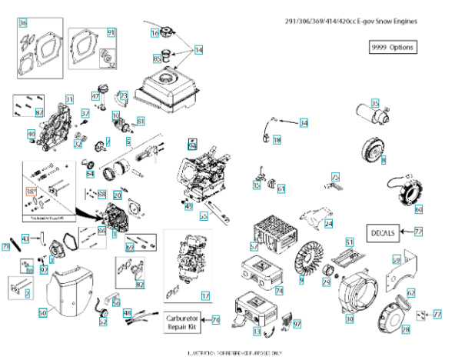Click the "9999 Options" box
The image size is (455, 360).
393,47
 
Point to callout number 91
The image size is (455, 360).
111,32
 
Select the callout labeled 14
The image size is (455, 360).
198,49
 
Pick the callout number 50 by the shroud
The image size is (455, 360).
42,313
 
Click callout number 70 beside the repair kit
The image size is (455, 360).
216,319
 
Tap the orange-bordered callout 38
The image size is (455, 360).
32,190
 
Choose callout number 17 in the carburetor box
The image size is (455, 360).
205,295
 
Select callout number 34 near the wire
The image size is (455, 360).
304,123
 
